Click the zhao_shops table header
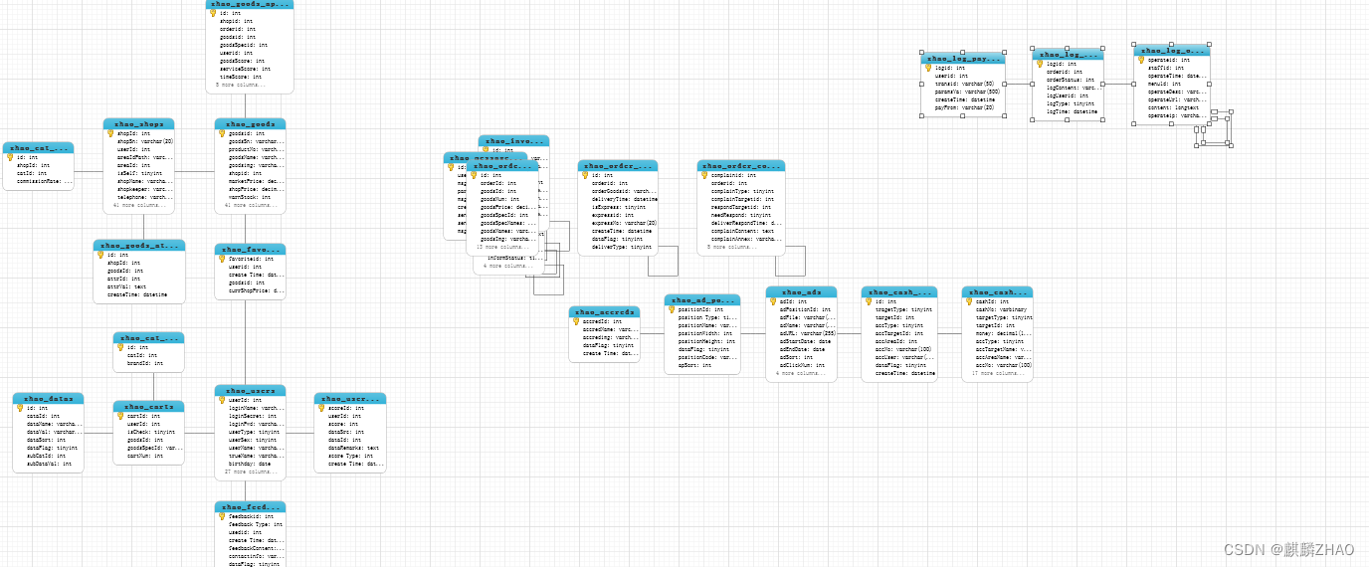(x=138, y=124)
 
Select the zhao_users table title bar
(x=250, y=391)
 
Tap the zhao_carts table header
(x=148, y=407)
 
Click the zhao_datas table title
(x=49, y=399)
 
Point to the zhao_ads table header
(x=801, y=292)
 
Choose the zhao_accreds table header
(x=604, y=312)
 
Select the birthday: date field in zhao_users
(x=250, y=464)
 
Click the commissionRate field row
(x=46, y=181)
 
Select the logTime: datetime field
(x=1072, y=111)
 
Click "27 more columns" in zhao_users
(x=248, y=472)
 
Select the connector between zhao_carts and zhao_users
(x=199, y=433)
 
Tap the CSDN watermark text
(x=1288, y=549)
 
